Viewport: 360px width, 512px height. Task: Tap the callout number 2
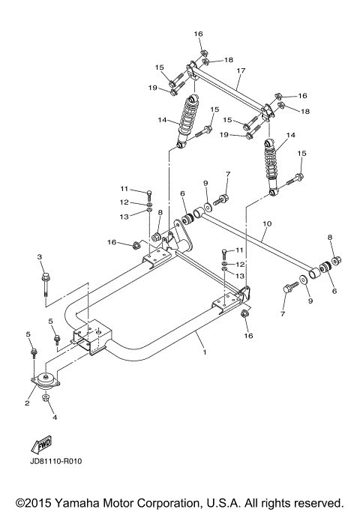[x=28, y=403]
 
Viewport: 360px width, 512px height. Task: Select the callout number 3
[x=39, y=258]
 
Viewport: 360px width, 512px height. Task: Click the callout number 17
[x=241, y=71]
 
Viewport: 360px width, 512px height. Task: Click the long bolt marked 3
[x=43, y=285]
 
